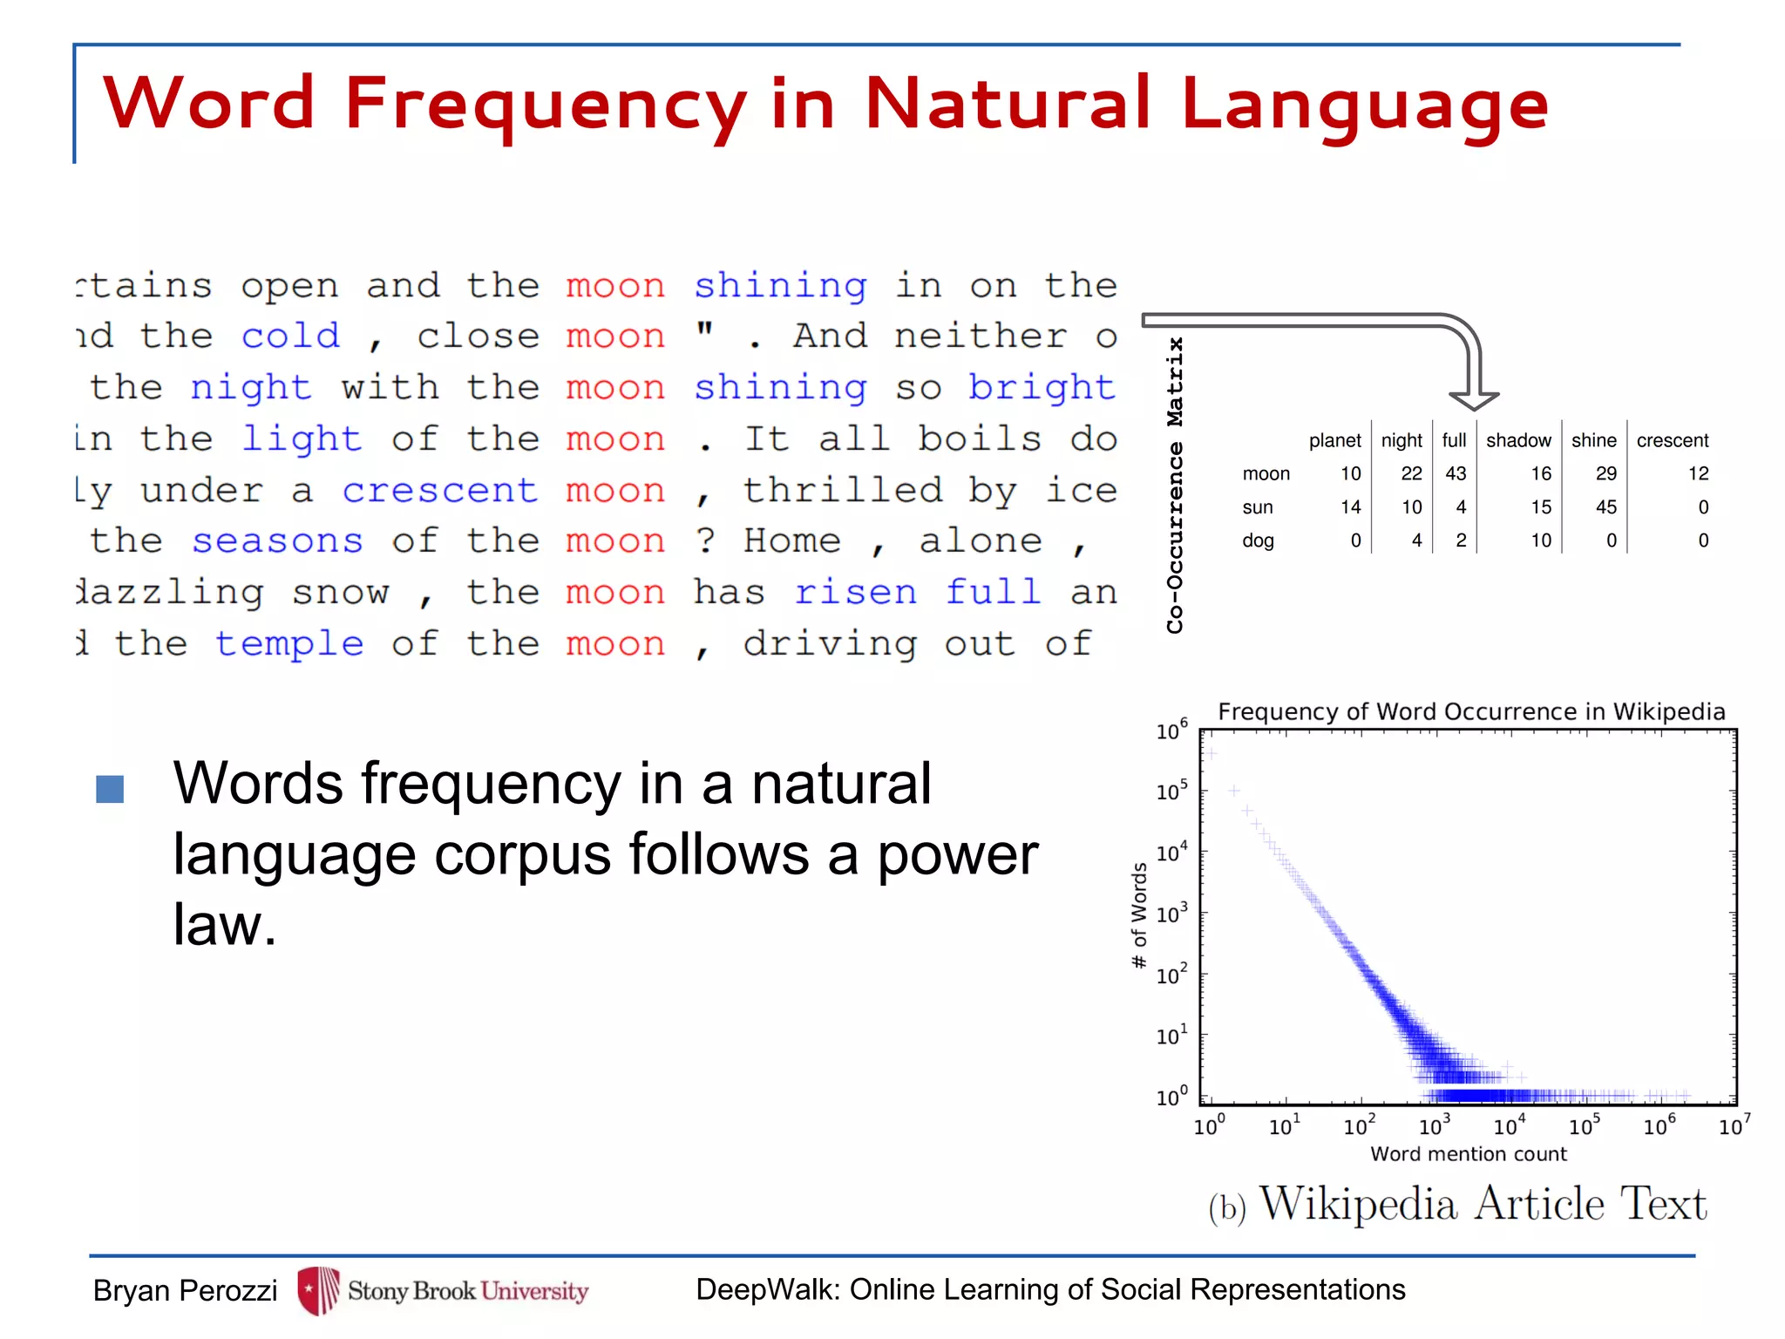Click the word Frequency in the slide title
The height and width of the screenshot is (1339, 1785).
point(545,105)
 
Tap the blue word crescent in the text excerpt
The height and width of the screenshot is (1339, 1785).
point(439,490)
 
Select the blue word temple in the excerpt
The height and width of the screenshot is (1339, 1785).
point(289,643)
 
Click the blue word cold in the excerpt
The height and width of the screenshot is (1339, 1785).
point(290,336)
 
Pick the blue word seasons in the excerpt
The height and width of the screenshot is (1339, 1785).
point(277,540)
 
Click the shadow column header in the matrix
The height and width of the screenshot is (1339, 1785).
point(1518,440)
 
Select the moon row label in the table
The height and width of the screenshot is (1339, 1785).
point(1266,473)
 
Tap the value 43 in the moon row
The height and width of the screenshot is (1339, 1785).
point(1456,473)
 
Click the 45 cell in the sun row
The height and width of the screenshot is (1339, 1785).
point(1605,506)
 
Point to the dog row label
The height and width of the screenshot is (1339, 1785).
point(1258,540)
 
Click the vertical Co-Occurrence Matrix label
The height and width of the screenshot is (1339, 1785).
point(1175,485)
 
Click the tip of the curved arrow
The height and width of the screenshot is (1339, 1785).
point(1474,406)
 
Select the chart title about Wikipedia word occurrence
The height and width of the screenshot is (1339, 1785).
point(1471,711)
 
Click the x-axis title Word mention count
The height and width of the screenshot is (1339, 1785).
point(1469,1153)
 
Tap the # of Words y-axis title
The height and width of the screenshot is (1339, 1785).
point(1138,915)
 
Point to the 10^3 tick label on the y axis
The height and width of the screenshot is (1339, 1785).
point(1171,914)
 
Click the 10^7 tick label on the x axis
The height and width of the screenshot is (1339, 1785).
point(1734,1125)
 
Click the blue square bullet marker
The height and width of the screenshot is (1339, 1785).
point(110,789)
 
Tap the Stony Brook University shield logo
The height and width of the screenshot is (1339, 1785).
point(319,1290)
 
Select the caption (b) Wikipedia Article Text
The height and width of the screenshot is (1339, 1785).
point(1457,1205)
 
